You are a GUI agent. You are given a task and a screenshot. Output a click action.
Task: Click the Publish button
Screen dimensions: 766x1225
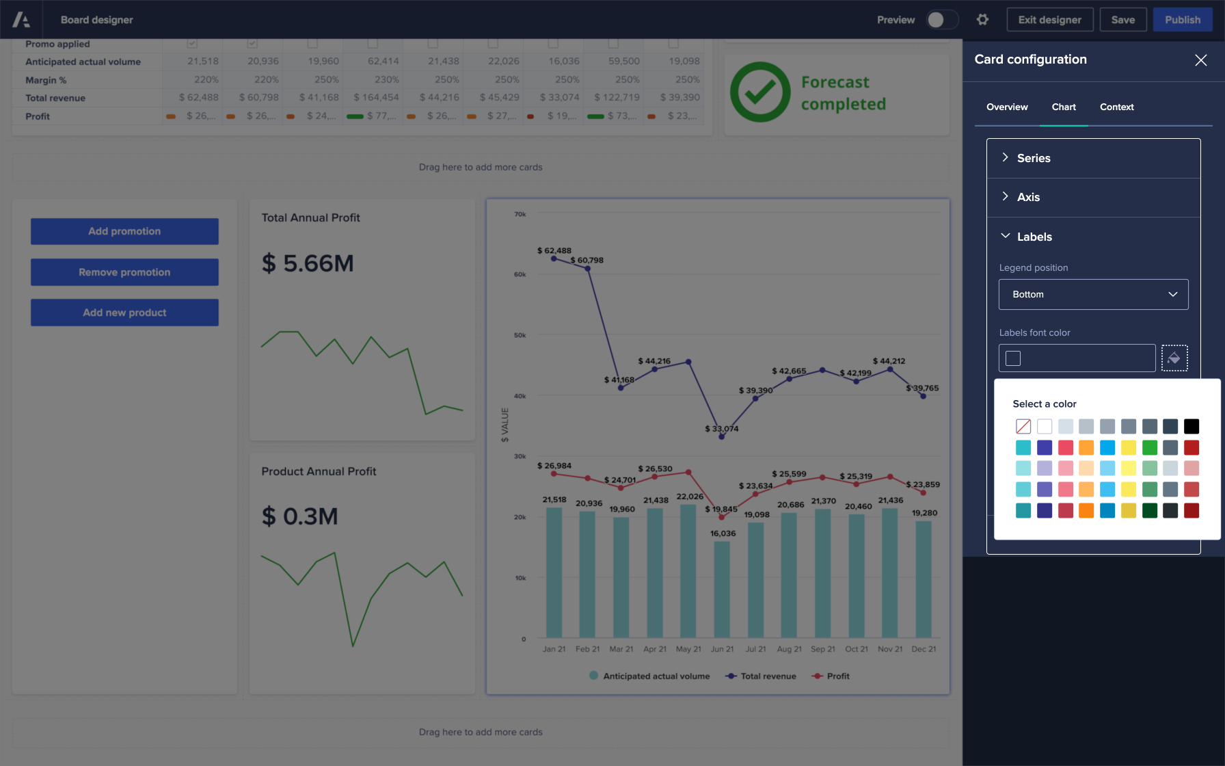click(1183, 20)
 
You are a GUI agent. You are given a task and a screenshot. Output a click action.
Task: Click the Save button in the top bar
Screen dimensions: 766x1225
click(1122, 20)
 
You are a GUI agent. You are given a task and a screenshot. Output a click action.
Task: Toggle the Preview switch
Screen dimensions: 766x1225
click(941, 20)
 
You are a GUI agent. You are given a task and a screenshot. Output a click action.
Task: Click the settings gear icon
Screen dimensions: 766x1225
click(982, 20)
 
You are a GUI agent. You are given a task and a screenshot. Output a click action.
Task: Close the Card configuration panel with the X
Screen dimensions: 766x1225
click(1200, 60)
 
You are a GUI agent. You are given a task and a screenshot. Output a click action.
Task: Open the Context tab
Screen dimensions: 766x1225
click(1116, 107)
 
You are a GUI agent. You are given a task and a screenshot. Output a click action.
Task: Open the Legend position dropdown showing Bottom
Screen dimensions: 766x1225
click(1093, 294)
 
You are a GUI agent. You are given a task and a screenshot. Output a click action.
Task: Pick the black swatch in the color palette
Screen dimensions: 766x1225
click(1191, 427)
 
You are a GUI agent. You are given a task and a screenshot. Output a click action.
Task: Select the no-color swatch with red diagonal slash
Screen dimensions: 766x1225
click(1023, 427)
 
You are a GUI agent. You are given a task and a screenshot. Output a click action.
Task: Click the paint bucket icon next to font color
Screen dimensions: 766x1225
click(1174, 358)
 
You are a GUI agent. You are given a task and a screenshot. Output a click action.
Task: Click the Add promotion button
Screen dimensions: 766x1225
click(124, 231)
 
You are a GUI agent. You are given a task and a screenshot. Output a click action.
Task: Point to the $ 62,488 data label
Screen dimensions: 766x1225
click(554, 250)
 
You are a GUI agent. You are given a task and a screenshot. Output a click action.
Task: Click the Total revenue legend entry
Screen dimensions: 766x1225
click(761, 676)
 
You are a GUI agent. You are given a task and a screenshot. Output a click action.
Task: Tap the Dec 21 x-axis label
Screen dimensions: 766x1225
click(923, 649)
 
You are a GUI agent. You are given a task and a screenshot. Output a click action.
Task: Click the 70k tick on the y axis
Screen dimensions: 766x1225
click(520, 214)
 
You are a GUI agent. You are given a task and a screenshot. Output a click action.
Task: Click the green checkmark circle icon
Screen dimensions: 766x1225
click(759, 92)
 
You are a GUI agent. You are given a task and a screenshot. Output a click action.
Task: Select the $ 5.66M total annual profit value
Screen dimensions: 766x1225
click(308, 263)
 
